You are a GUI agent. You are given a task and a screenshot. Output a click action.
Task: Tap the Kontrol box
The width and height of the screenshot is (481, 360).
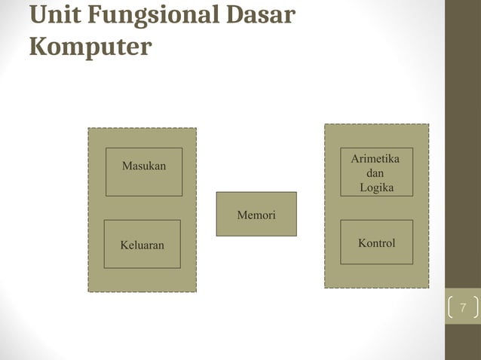click(376, 256)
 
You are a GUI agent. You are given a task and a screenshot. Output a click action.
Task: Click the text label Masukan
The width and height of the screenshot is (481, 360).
click(144, 166)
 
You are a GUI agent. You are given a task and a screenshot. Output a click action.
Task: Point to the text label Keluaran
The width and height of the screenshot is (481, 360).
click(142, 245)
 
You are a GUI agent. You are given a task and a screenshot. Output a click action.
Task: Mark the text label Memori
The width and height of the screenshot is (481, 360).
click(256, 216)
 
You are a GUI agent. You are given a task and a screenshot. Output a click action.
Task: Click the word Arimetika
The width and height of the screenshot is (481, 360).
click(375, 160)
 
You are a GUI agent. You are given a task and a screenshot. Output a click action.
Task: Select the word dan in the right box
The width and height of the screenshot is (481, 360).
click(375, 173)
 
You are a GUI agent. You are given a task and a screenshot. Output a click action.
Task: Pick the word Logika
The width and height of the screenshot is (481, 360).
click(376, 188)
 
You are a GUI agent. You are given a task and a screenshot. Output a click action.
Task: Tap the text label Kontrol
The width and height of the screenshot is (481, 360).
click(377, 243)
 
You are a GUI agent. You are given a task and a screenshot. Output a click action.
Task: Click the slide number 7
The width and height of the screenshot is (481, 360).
click(463, 307)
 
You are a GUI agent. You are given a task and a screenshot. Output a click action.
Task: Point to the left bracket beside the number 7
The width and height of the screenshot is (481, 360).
click(450, 307)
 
